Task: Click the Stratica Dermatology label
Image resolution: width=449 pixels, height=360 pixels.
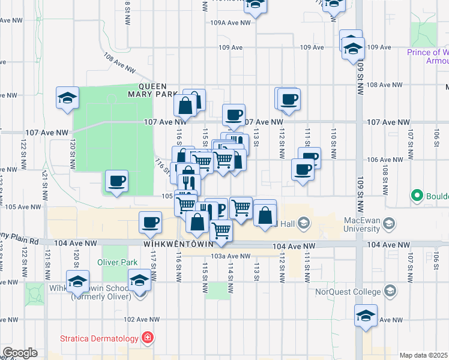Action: click(100, 338)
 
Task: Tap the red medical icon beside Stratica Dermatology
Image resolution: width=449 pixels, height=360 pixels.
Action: click(147, 338)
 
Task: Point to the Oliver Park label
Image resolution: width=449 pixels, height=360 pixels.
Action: click(117, 263)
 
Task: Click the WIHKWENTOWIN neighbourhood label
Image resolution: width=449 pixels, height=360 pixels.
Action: click(179, 245)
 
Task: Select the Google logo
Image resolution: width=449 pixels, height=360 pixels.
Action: click(19, 353)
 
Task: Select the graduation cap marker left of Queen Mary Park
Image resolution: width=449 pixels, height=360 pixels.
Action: click(67, 97)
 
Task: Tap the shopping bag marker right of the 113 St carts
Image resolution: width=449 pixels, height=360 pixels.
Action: click(265, 215)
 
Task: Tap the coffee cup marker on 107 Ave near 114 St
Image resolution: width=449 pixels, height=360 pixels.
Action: click(234, 114)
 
